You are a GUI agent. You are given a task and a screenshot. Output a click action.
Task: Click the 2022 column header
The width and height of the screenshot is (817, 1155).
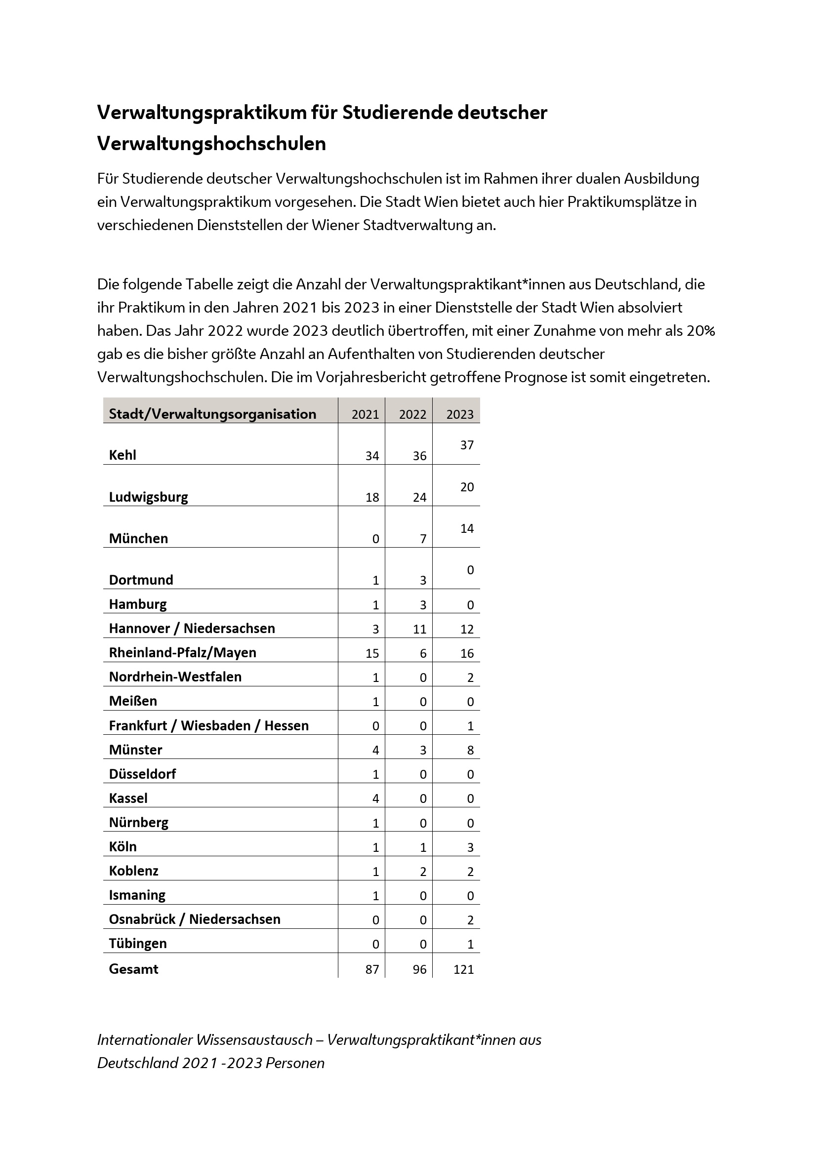(412, 414)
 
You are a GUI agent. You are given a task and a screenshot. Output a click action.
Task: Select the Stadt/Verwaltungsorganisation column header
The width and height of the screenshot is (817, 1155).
(212, 414)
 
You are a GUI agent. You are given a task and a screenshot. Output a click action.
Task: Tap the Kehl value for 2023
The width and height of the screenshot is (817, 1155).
(466, 445)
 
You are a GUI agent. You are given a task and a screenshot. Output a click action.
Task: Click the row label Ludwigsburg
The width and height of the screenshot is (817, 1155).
(148, 497)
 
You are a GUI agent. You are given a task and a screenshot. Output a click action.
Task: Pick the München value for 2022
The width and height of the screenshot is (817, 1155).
(423, 539)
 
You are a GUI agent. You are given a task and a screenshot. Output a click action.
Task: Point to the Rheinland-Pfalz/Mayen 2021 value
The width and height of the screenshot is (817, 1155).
(372, 653)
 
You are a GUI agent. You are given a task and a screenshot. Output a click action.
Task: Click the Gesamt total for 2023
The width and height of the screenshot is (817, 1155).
(463, 969)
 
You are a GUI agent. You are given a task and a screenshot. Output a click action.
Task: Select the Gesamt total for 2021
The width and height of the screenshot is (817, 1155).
(372, 969)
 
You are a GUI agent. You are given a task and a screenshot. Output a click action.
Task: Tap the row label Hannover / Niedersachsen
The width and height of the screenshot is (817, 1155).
(192, 628)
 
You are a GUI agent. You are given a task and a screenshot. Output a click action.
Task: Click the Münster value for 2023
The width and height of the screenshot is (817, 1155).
(470, 750)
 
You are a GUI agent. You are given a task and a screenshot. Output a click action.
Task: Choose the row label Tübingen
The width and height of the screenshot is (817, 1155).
(137, 943)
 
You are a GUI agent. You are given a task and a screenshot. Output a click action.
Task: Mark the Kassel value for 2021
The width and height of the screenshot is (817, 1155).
(375, 798)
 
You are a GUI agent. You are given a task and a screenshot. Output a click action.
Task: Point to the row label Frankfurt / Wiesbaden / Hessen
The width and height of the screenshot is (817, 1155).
(209, 725)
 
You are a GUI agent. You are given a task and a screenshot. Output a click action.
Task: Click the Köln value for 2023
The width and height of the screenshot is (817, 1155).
(470, 847)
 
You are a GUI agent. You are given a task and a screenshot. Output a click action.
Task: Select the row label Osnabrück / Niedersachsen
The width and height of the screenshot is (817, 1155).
(195, 919)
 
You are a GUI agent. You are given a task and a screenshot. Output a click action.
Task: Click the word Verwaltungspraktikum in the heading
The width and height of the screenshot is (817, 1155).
(200, 112)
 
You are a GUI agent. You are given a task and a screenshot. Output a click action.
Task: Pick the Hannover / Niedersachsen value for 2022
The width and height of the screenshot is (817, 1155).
(419, 629)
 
